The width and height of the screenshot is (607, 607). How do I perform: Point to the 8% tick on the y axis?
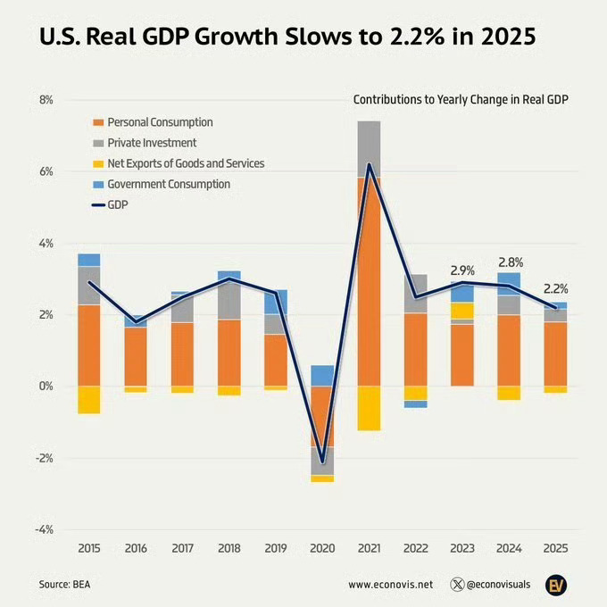pos(45,100)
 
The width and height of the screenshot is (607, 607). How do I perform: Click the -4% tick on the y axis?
pos(43,529)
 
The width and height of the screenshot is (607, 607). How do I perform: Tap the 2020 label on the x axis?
pos(321,548)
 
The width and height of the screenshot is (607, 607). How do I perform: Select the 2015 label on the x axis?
pos(88,548)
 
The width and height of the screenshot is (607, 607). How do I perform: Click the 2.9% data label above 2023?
pos(461,270)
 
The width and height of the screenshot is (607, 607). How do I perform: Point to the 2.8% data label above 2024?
pos(510,262)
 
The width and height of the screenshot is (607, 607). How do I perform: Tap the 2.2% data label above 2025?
pos(556,289)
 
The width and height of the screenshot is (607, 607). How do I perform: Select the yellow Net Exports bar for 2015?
pos(88,400)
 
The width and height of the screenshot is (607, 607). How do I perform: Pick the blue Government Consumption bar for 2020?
pos(322,375)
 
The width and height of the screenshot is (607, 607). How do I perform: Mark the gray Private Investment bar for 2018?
pos(229,299)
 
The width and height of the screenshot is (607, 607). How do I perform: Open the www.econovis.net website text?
pos(390,585)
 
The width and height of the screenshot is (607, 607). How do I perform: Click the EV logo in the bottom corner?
pos(557,585)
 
